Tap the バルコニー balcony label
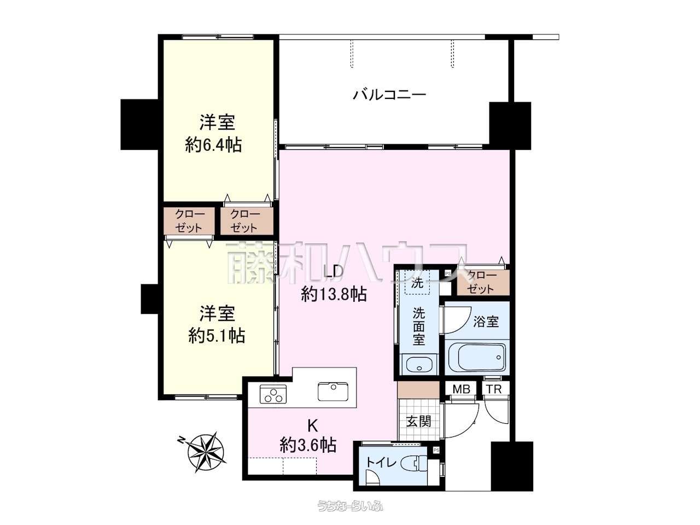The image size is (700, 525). [x=389, y=95]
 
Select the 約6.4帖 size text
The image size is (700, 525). [x=213, y=145]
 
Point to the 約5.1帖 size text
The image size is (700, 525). [x=217, y=336]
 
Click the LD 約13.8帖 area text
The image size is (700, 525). [x=334, y=284]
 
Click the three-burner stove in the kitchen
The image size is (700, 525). [x=273, y=394]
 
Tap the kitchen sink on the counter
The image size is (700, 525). [x=333, y=391]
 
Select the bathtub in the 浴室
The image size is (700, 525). [x=477, y=357]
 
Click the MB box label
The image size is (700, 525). [x=462, y=389]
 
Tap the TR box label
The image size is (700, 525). [x=494, y=389]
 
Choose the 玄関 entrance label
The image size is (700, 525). [x=419, y=422]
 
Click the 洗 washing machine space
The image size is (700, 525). [x=417, y=282]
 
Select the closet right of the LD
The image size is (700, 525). [x=483, y=282]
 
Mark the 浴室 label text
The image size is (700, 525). [x=486, y=322]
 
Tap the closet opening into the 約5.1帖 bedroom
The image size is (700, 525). [x=189, y=221]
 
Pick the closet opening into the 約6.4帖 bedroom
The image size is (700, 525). [x=247, y=221]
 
